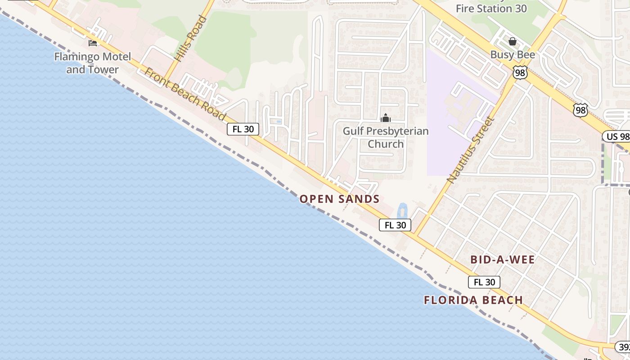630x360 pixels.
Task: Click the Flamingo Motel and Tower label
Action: (93, 63)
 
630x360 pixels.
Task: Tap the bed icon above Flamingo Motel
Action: (93, 43)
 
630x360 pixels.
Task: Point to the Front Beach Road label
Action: (185, 94)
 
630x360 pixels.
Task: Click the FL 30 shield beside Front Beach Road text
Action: (243, 129)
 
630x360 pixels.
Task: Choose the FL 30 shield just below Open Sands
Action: (395, 225)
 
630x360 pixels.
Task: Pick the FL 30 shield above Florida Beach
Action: (484, 282)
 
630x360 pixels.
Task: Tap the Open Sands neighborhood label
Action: (340, 199)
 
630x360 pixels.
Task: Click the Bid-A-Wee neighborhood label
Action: (503, 260)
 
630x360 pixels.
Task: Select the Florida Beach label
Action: (473, 300)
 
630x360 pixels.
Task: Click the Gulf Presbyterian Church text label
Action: (386, 137)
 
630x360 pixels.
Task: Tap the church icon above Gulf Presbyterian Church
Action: (385, 118)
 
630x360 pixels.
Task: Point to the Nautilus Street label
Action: (471, 149)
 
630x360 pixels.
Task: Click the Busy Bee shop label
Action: (513, 55)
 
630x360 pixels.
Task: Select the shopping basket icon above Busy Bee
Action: (513, 42)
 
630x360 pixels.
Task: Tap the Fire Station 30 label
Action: (491, 8)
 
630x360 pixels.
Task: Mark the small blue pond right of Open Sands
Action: (402, 211)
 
